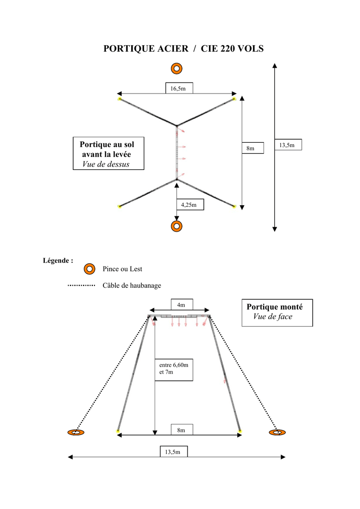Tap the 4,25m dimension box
pos(190,204)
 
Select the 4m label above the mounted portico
pos(182,305)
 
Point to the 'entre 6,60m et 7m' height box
pos(174,370)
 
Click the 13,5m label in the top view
pos(288,145)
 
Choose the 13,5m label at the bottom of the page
pos(174,451)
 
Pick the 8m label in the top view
pos(253,148)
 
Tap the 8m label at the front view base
pos(182,430)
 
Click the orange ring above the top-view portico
pos(177,69)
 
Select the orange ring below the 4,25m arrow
pos(177,226)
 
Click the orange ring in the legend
pos(90,269)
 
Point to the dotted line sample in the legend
pos(82,286)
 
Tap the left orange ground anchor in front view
pos(76,432)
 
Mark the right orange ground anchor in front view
pos(277,432)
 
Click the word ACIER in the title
pos(173,49)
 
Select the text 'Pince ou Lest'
pos(122,269)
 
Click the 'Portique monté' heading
pos(274,307)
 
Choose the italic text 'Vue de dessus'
pos(106,164)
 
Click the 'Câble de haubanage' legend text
pos(132,286)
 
